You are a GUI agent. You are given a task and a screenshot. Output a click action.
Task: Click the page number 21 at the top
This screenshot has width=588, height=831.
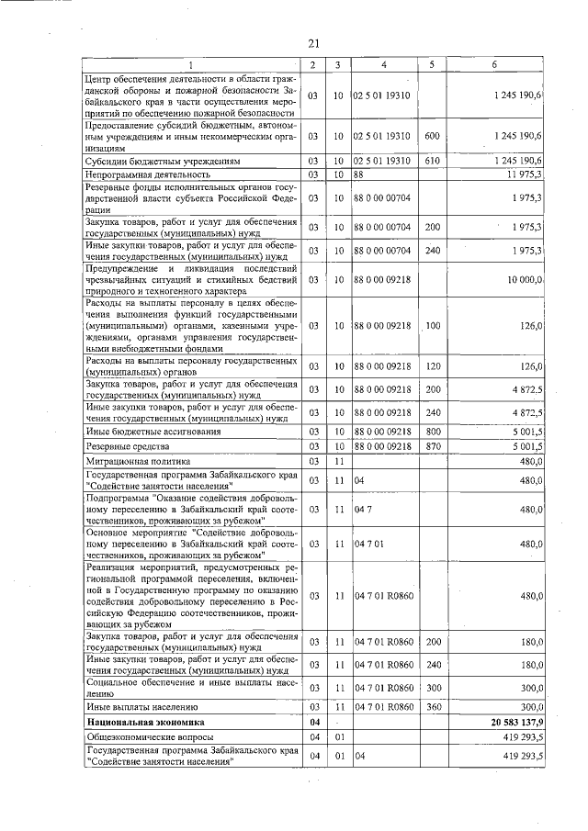click(312, 43)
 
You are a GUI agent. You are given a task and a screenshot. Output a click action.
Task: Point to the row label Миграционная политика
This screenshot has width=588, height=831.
click(138, 461)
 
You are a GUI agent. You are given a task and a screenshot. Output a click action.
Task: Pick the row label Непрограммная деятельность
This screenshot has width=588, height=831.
click(148, 174)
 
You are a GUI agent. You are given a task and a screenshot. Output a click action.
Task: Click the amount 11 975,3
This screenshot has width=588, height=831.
click(524, 174)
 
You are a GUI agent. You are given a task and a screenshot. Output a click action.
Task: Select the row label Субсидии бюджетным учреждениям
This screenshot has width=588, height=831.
click(155, 161)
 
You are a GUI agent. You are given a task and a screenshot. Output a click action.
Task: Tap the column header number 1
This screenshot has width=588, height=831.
click(191, 64)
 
